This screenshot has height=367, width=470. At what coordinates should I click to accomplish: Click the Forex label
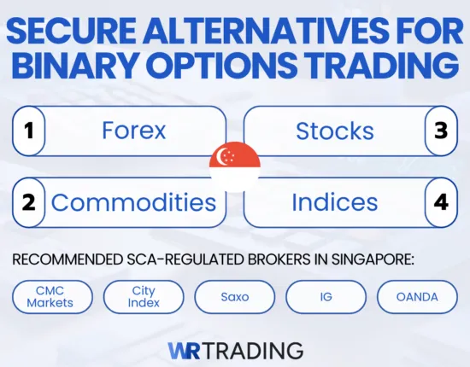(132, 131)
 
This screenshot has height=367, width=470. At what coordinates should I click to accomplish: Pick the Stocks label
(334, 131)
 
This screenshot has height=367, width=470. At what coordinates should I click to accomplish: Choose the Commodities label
(133, 202)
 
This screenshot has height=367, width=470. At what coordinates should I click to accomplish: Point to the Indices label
(334, 202)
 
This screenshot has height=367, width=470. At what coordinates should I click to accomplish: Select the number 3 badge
(442, 131)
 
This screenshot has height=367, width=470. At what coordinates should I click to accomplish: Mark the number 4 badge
(442, 202)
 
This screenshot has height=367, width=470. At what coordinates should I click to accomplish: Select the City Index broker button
(144, 296)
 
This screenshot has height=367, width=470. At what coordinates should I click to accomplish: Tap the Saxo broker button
(235, 296)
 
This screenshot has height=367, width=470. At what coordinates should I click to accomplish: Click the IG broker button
(326, 296)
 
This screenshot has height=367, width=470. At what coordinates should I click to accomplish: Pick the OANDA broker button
(416, 296)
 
